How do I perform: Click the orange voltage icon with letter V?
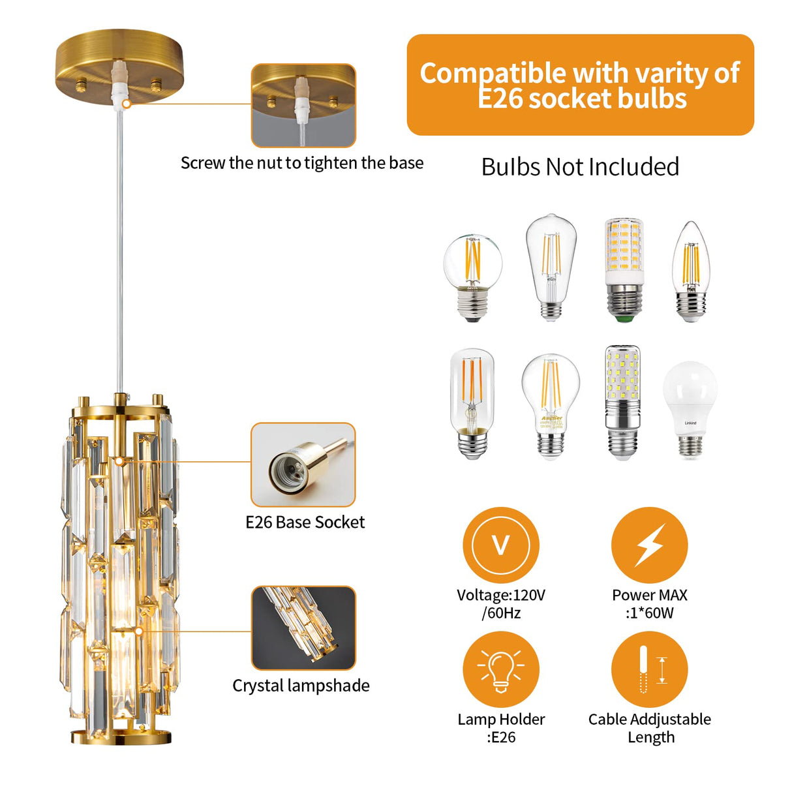coord(500,545)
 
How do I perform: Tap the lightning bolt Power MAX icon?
coord(649,545)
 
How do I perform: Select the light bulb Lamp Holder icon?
coord(500,669)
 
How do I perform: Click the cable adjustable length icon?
coord(649,669)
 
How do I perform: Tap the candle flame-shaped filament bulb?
coord(690,271)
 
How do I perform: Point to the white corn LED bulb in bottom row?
coord(623,403)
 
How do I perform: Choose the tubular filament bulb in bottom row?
coord(472,403)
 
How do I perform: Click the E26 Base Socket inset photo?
coord(303,465)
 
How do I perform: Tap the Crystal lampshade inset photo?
coord(303,628)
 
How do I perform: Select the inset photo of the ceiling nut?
coord(303,106)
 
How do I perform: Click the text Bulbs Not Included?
coord(580,167)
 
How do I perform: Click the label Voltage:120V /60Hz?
coord(500,603)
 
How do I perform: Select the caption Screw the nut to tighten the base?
coord(302,162)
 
